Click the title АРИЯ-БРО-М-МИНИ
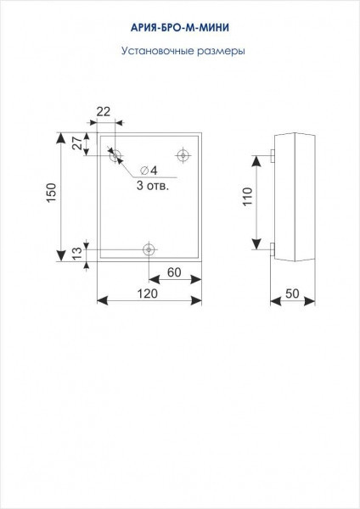180,28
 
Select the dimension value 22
104,112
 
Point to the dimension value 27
77,143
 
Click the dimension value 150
51,193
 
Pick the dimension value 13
77,254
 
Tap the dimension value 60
174,272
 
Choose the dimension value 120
147,294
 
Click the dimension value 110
248,197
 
